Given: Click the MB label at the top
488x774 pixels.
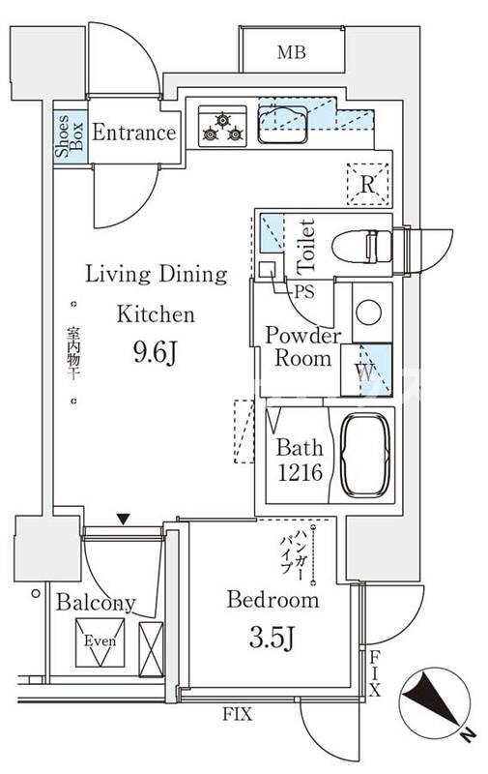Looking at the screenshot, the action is [x=291, y=52].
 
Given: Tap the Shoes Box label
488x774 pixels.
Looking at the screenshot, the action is [x=70, y=135].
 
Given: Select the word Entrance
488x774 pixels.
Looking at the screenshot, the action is [x=134, y=133].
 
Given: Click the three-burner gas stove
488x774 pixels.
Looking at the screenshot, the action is [x=222, y=126].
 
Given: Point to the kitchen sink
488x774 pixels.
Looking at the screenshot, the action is [x=282, y=124].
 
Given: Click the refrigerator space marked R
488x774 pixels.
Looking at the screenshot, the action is [x=368, y=185].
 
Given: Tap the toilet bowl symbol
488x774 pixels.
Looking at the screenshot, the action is [x=362, y=247].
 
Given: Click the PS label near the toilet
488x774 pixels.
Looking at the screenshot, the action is [x=303, y=291].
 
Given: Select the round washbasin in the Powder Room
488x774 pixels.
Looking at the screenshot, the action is [x=369, y=313].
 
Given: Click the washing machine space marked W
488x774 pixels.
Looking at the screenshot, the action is [x=367, y=371].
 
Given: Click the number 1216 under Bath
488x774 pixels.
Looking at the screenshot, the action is [x=300, y=472].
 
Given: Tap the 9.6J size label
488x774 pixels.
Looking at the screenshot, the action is [x=155, y=352].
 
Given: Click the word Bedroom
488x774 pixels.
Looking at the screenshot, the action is [x=273, y=599].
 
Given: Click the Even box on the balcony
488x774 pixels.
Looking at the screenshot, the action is [x=100, y=641].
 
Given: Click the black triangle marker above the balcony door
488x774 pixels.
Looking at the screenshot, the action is [x=124, y=520].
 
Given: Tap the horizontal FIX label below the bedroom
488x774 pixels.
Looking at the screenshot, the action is [x=237, y=714].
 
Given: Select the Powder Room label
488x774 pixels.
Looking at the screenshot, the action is [x=302, y=346].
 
